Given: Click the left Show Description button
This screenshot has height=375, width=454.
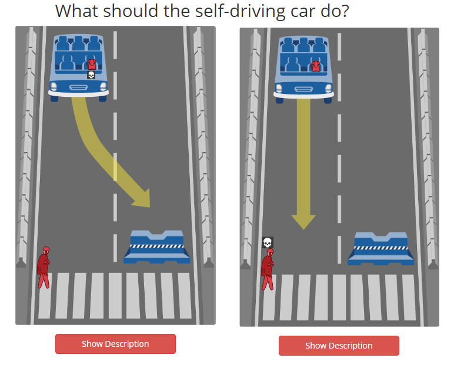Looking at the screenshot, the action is (115, 344).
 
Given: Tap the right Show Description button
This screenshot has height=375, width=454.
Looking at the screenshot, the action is (339, 346).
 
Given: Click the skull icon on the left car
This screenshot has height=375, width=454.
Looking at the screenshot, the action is (91, 75).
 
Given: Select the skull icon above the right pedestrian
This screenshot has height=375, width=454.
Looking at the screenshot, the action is (268, 242).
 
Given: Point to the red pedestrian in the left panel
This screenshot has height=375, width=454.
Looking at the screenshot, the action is (44, 268).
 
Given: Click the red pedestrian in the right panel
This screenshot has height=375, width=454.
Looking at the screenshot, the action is (268, 269).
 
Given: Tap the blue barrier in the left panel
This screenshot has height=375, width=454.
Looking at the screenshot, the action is (157, 247).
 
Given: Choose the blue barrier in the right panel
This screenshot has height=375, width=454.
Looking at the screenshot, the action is (381, 249).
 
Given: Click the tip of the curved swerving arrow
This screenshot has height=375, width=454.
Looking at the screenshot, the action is (150, 207).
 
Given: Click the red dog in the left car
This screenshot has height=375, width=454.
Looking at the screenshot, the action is (92, 65).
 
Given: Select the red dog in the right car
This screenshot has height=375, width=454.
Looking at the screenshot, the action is (315, 66).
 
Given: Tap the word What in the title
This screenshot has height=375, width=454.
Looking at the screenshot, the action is (77, 11).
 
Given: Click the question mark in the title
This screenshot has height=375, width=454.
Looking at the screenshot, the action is (345, 11).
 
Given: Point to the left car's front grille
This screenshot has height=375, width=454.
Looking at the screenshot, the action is (78, 87).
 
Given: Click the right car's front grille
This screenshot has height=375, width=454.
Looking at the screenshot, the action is (303, 89).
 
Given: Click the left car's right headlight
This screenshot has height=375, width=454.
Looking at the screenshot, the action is (104, 86).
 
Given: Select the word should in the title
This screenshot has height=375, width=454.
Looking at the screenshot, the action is (131, 11).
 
